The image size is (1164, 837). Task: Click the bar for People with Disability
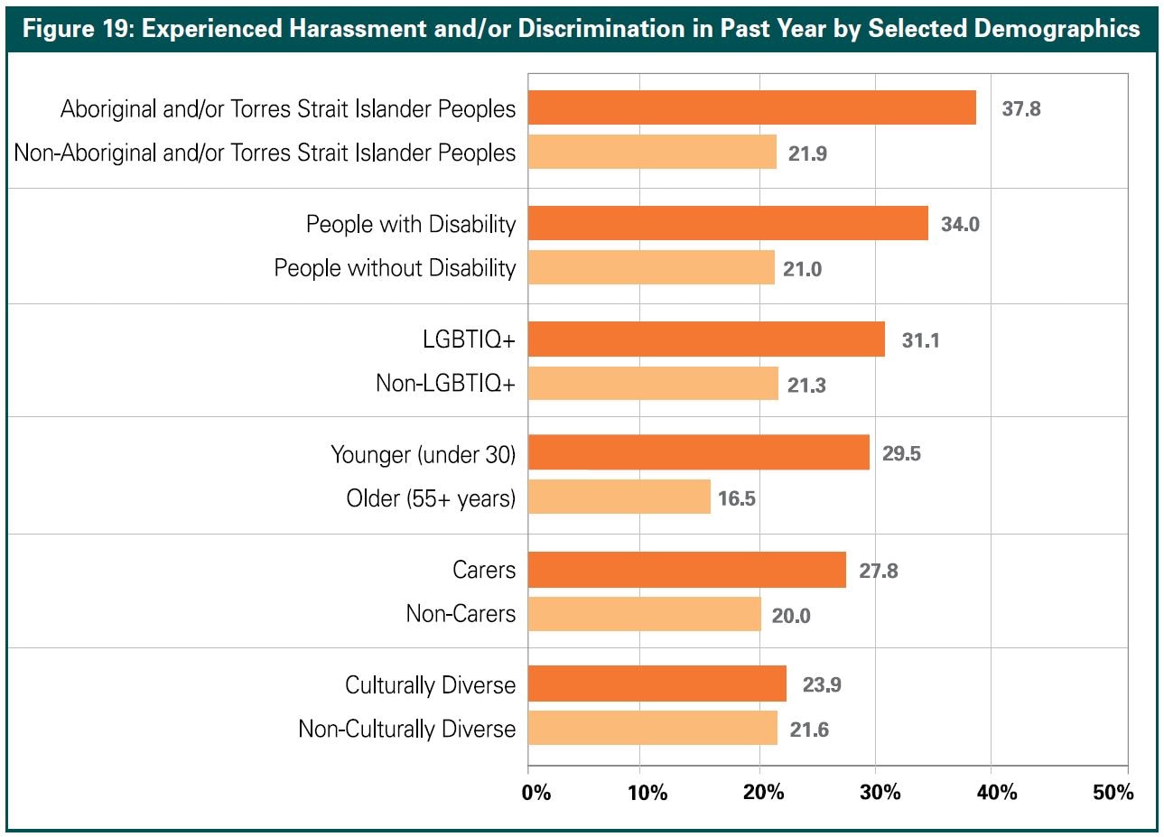coord(728,223)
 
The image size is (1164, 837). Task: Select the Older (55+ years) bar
coord(619,497)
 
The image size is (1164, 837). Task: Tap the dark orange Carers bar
coord(687,570)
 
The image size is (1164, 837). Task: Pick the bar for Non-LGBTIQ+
coord(653,384)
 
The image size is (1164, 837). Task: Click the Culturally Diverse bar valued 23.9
coord(657,684)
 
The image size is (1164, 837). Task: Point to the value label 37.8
coord(1021,108)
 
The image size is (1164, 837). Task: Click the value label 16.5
coord(736,498)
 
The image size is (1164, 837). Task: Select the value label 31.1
coord(920,340)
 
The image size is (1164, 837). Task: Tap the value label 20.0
coord(791,616)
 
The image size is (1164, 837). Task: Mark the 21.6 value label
coord(809,730)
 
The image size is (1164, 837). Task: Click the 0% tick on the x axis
coord(536,793)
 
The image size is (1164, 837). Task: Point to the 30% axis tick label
coord(880,793)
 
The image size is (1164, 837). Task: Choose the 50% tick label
coord(1113,793)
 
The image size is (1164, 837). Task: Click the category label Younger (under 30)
coord(423,454)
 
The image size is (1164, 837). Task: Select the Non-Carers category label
coord(461,614)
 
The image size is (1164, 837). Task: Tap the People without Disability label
coord(395,268)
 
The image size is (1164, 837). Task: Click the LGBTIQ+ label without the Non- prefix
coord(469,339)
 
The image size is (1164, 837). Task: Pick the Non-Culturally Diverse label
coord(407,729)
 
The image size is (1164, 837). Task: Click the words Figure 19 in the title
coord(79,29)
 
